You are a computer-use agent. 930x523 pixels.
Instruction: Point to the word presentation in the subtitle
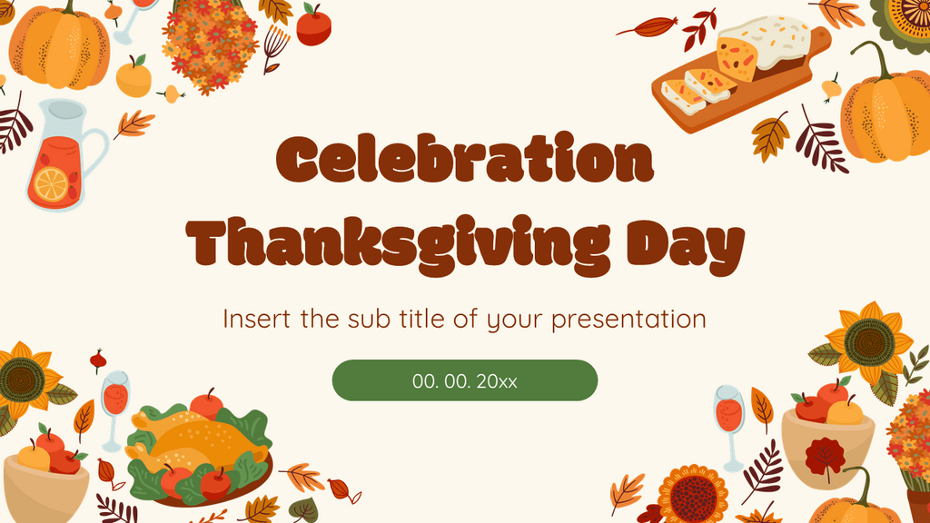coord(627,320)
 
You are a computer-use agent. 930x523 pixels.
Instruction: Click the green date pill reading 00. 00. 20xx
coord(464,380)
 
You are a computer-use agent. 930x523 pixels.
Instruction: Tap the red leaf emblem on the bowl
coord(825,455)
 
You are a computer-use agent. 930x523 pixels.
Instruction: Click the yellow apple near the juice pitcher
coord(134,77)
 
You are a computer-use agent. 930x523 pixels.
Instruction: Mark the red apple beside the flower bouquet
coord(313,26)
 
